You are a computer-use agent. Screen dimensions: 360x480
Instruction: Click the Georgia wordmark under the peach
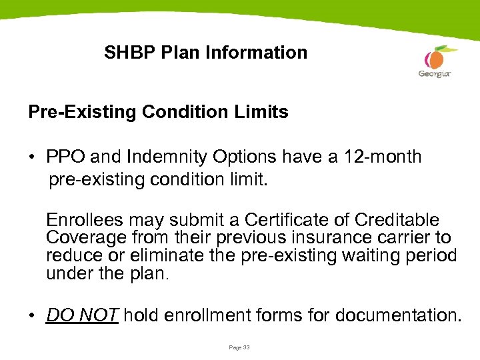[435, 74]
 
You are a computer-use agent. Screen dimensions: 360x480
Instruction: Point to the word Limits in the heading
[263, 112]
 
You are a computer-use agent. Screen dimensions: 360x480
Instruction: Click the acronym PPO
[65, 157]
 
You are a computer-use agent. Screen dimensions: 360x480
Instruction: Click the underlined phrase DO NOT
[82, 315]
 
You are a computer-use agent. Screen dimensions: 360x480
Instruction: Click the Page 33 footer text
[239, 347]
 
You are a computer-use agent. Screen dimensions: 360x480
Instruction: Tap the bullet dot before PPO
[33, 159]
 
